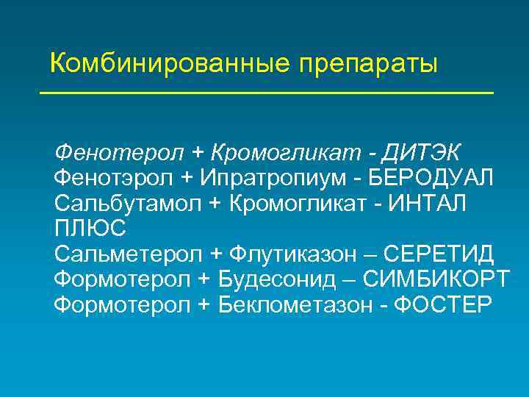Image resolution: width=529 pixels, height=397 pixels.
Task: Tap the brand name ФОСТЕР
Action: [442, 304]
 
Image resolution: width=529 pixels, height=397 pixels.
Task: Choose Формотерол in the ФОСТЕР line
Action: [122, 304]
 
